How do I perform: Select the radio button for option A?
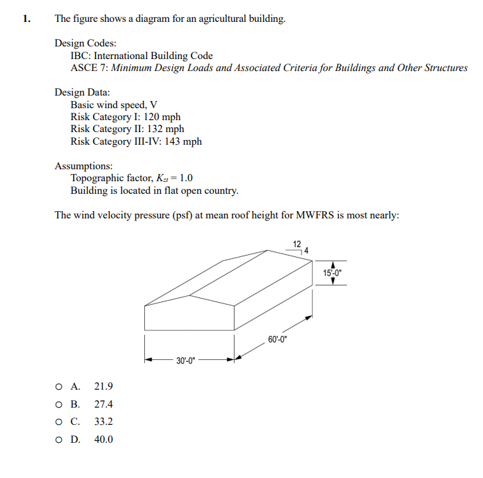(x=60, y=386)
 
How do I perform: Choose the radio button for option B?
(x=60, y=404)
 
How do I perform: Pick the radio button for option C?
(x=60, y=422)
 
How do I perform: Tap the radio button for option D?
(x=60, y=439)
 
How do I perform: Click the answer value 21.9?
(x=104, y=386)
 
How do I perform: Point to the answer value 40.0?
(x=104, y=439)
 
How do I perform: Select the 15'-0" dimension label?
(x=332, y=273)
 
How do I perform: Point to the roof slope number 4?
(x=307, y=250)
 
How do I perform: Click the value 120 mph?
(x=162, y=117)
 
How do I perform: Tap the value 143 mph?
(x=182, y=141)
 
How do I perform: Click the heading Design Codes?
(x=86, y=43)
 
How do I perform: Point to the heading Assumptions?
(x=84, y=165)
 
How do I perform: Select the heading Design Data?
(x=82, y=92)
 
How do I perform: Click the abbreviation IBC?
(x=80, y=56)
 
